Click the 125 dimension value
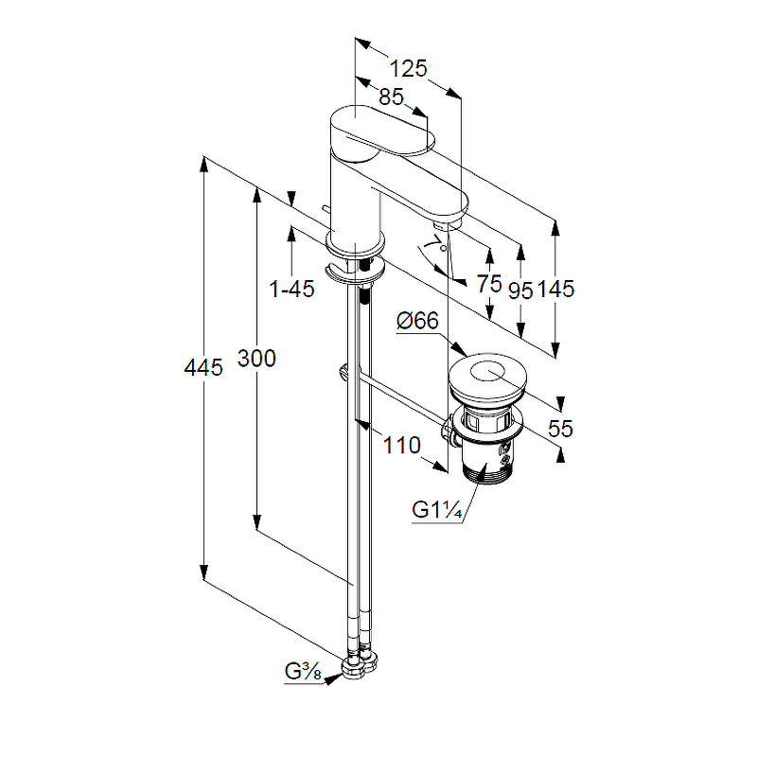click(409, 68)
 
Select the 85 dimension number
click(391, 97)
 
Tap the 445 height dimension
click(203, 366)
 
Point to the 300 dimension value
click(256, 359)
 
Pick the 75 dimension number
click(488, 283)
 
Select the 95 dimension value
click(520, 290)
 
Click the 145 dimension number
click(556, 290)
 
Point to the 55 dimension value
click(560, 428)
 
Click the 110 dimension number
click(402, 446)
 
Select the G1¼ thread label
click(436, 510)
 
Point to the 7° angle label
click(434, 245)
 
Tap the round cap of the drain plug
click(488, 378)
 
